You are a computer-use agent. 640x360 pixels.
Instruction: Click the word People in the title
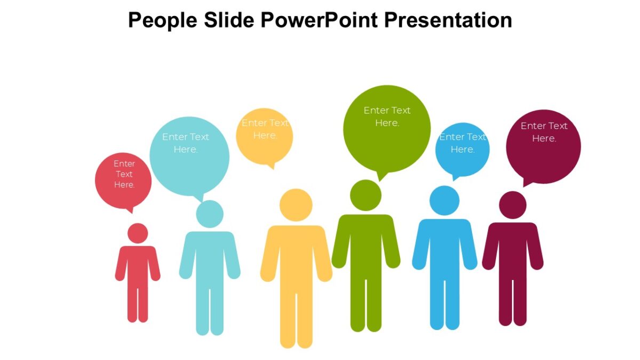163,20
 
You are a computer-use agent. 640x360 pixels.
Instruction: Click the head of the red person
138,233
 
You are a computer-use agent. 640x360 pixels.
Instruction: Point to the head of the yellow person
296,205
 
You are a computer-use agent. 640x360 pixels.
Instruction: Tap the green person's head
366,195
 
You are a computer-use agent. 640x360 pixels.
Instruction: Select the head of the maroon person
513,205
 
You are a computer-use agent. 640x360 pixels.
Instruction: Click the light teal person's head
210,214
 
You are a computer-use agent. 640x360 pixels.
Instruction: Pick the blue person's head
444,201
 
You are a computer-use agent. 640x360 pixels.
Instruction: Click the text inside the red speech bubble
124,174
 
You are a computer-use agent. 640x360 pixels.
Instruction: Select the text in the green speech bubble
387,116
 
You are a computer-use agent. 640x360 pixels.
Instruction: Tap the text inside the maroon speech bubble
544,132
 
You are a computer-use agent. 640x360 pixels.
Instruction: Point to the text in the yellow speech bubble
265,129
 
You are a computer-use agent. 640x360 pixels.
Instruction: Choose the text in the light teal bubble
186,143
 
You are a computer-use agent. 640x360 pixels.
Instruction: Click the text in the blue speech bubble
462,143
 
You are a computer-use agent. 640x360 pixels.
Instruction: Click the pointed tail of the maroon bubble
526,183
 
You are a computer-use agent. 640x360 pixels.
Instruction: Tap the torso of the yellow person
296,256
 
